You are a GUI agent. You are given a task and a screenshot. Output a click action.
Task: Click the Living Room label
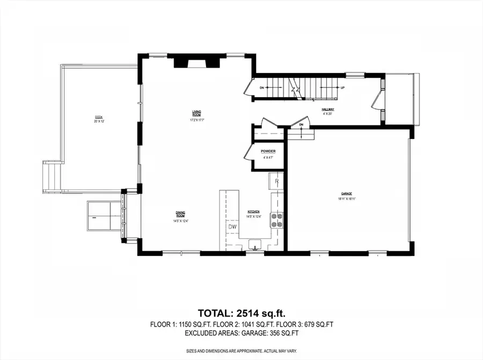197,113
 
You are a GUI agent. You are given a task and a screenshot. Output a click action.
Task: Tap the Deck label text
98,117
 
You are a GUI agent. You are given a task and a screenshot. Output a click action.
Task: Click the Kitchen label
253,212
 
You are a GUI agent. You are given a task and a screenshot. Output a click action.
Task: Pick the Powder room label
268,151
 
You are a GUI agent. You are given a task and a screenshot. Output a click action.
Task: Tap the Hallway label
328,109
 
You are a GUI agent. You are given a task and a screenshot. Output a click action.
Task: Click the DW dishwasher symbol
232,227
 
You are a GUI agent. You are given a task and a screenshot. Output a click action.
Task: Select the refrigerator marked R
276,181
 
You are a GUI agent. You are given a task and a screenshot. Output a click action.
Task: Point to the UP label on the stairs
342,87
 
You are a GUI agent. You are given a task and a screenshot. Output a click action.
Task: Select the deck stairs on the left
52,177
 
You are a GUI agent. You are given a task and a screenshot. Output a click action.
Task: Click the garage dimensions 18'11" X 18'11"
347,199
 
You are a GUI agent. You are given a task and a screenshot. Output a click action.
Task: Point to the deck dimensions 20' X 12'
98,121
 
